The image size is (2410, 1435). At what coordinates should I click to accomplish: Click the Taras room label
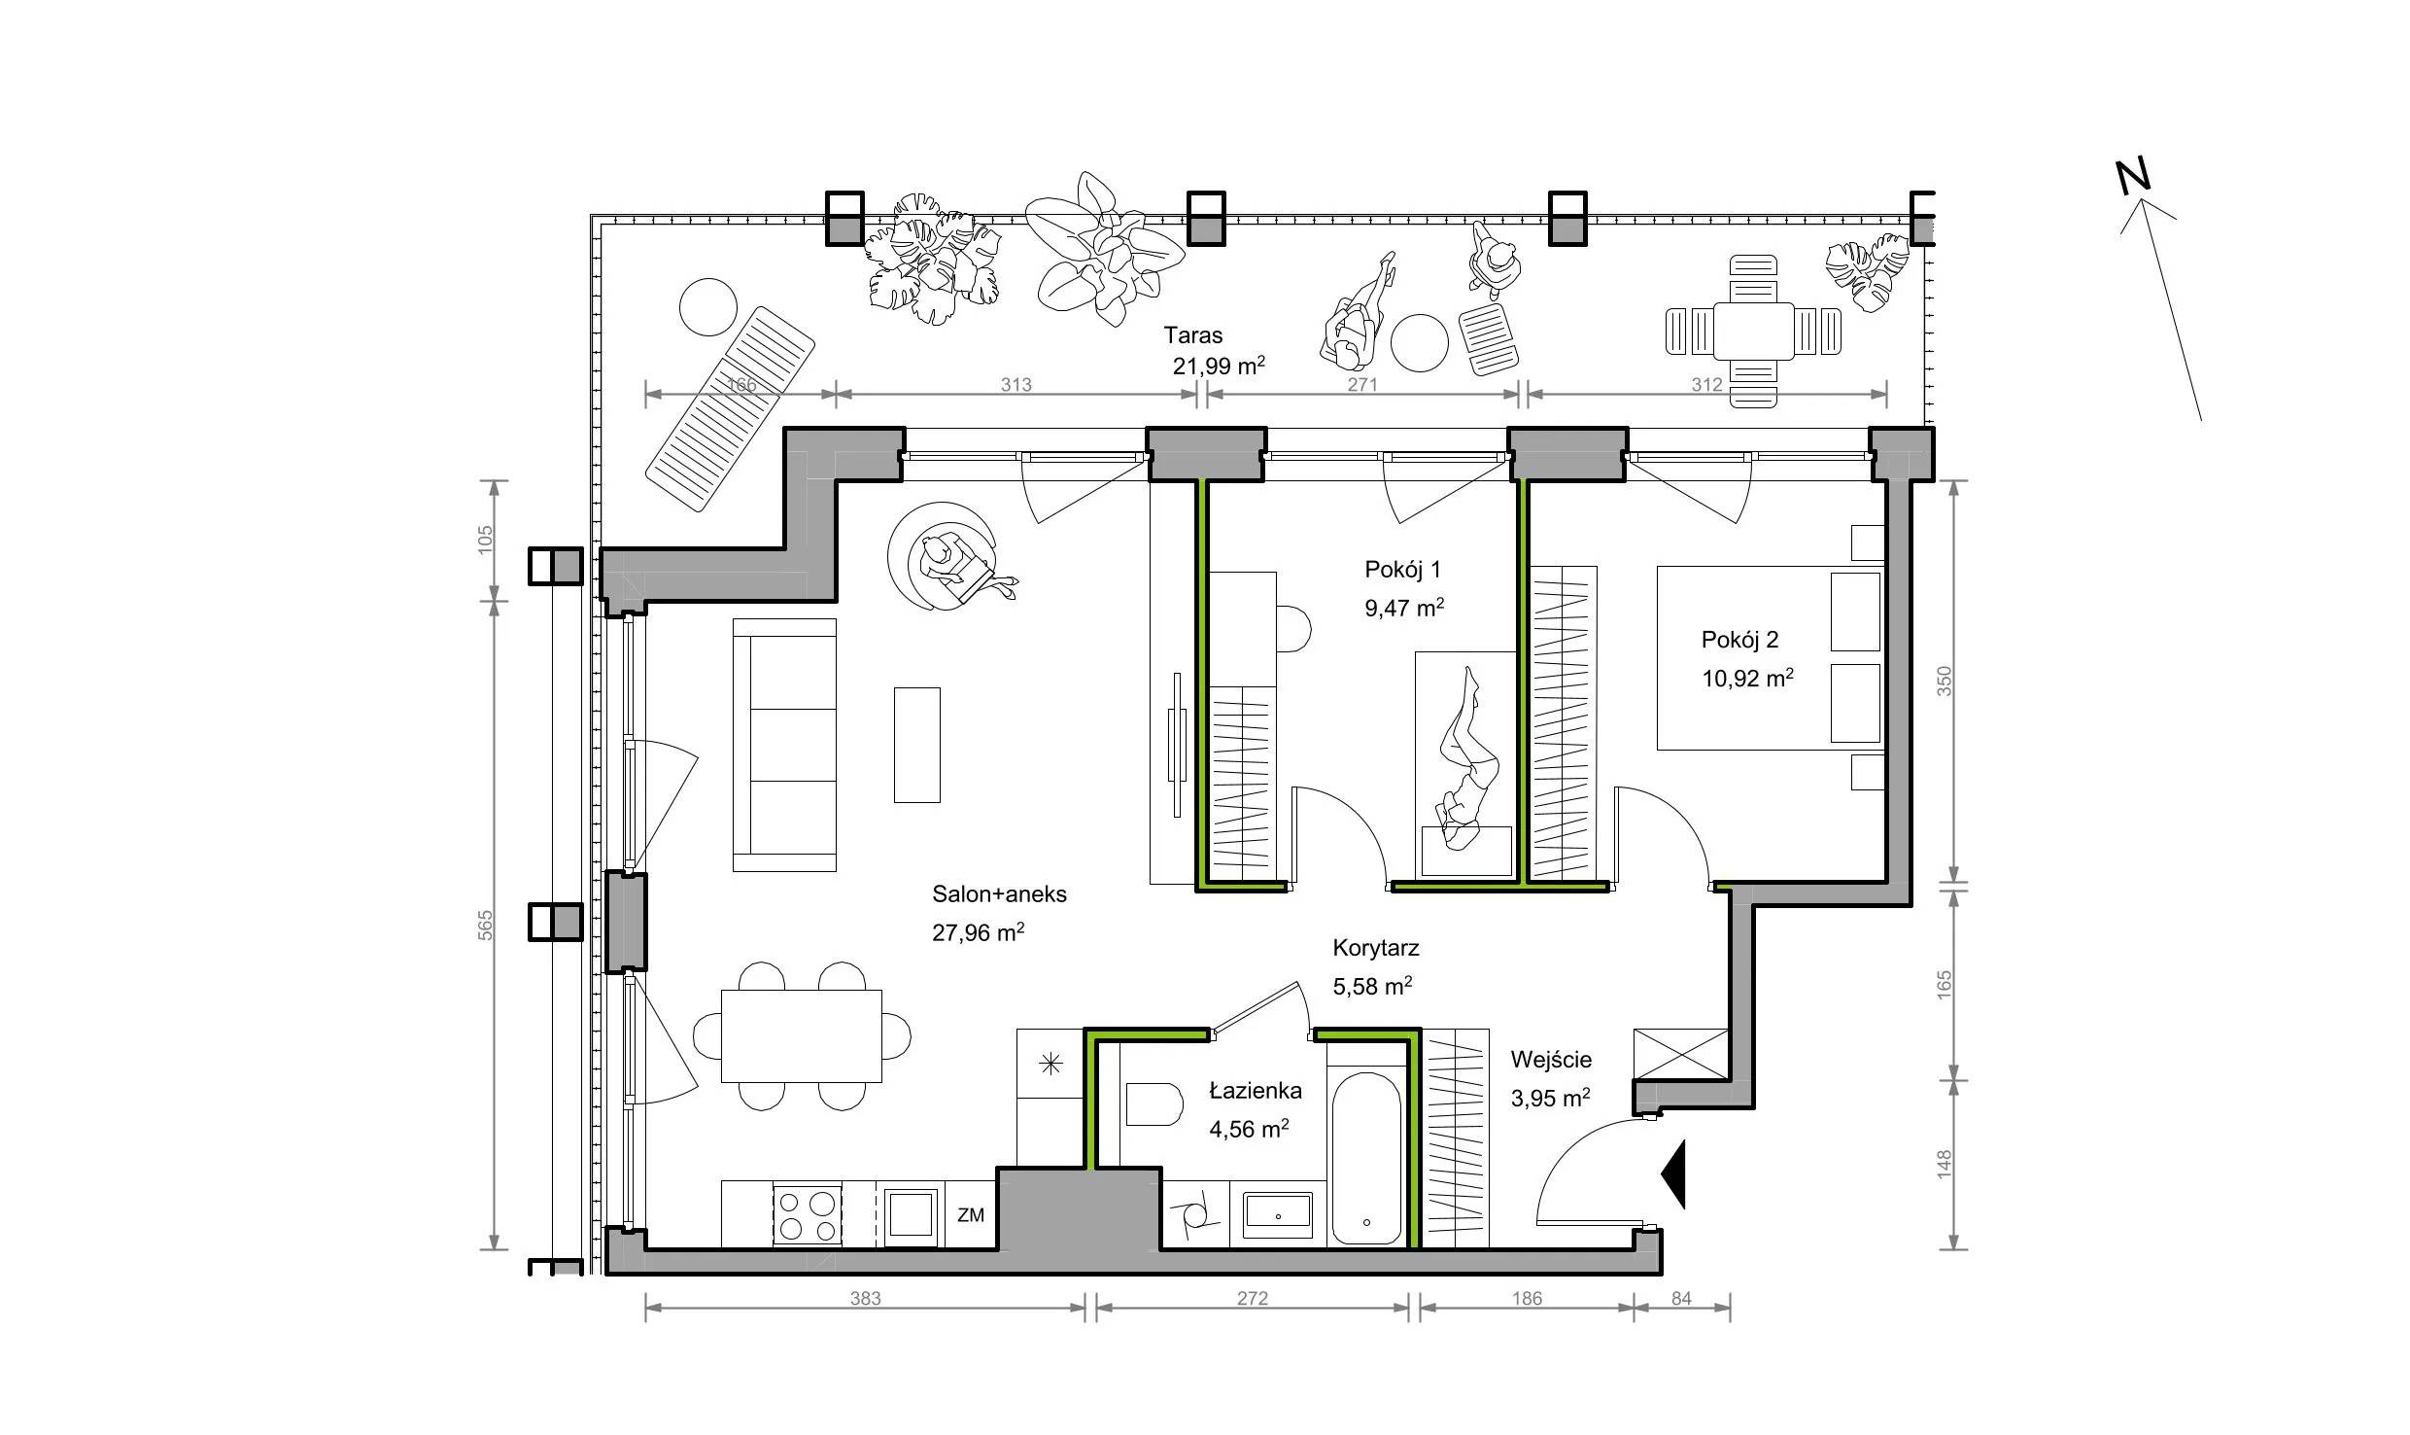pos(1193,335)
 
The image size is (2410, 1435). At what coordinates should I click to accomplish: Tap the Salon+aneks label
pos(999,894)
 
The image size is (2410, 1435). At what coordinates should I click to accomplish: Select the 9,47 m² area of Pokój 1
pos(1404,609)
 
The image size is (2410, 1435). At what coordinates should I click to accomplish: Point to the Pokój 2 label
pos(1739,640)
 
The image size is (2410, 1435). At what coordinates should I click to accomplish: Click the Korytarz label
pos(1376,948)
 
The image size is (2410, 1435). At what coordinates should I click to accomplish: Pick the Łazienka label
pos(1256,1090)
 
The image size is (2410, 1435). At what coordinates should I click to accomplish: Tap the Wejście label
pos(1551,1060)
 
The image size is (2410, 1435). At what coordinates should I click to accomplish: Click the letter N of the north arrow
pos(2133,203)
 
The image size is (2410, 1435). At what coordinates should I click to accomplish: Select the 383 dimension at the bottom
pos(865,1298)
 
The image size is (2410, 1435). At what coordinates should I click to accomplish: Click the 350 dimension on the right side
pos(1945,682)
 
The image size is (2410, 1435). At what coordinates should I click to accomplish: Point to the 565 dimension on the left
pos(486,925)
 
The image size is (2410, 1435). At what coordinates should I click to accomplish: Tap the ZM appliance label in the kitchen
pos(971,1215)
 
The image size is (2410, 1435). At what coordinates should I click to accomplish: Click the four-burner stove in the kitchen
pos(808,1214)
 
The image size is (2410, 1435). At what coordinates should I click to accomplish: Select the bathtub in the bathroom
pos(1366,1158)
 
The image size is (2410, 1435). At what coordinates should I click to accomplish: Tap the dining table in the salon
pos(802,1035)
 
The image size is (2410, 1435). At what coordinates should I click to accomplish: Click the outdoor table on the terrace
pos(1754,332)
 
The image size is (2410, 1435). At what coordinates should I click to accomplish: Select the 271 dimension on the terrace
pos(1362,384)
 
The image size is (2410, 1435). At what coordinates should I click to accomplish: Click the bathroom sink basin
pos(1278,1214)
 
